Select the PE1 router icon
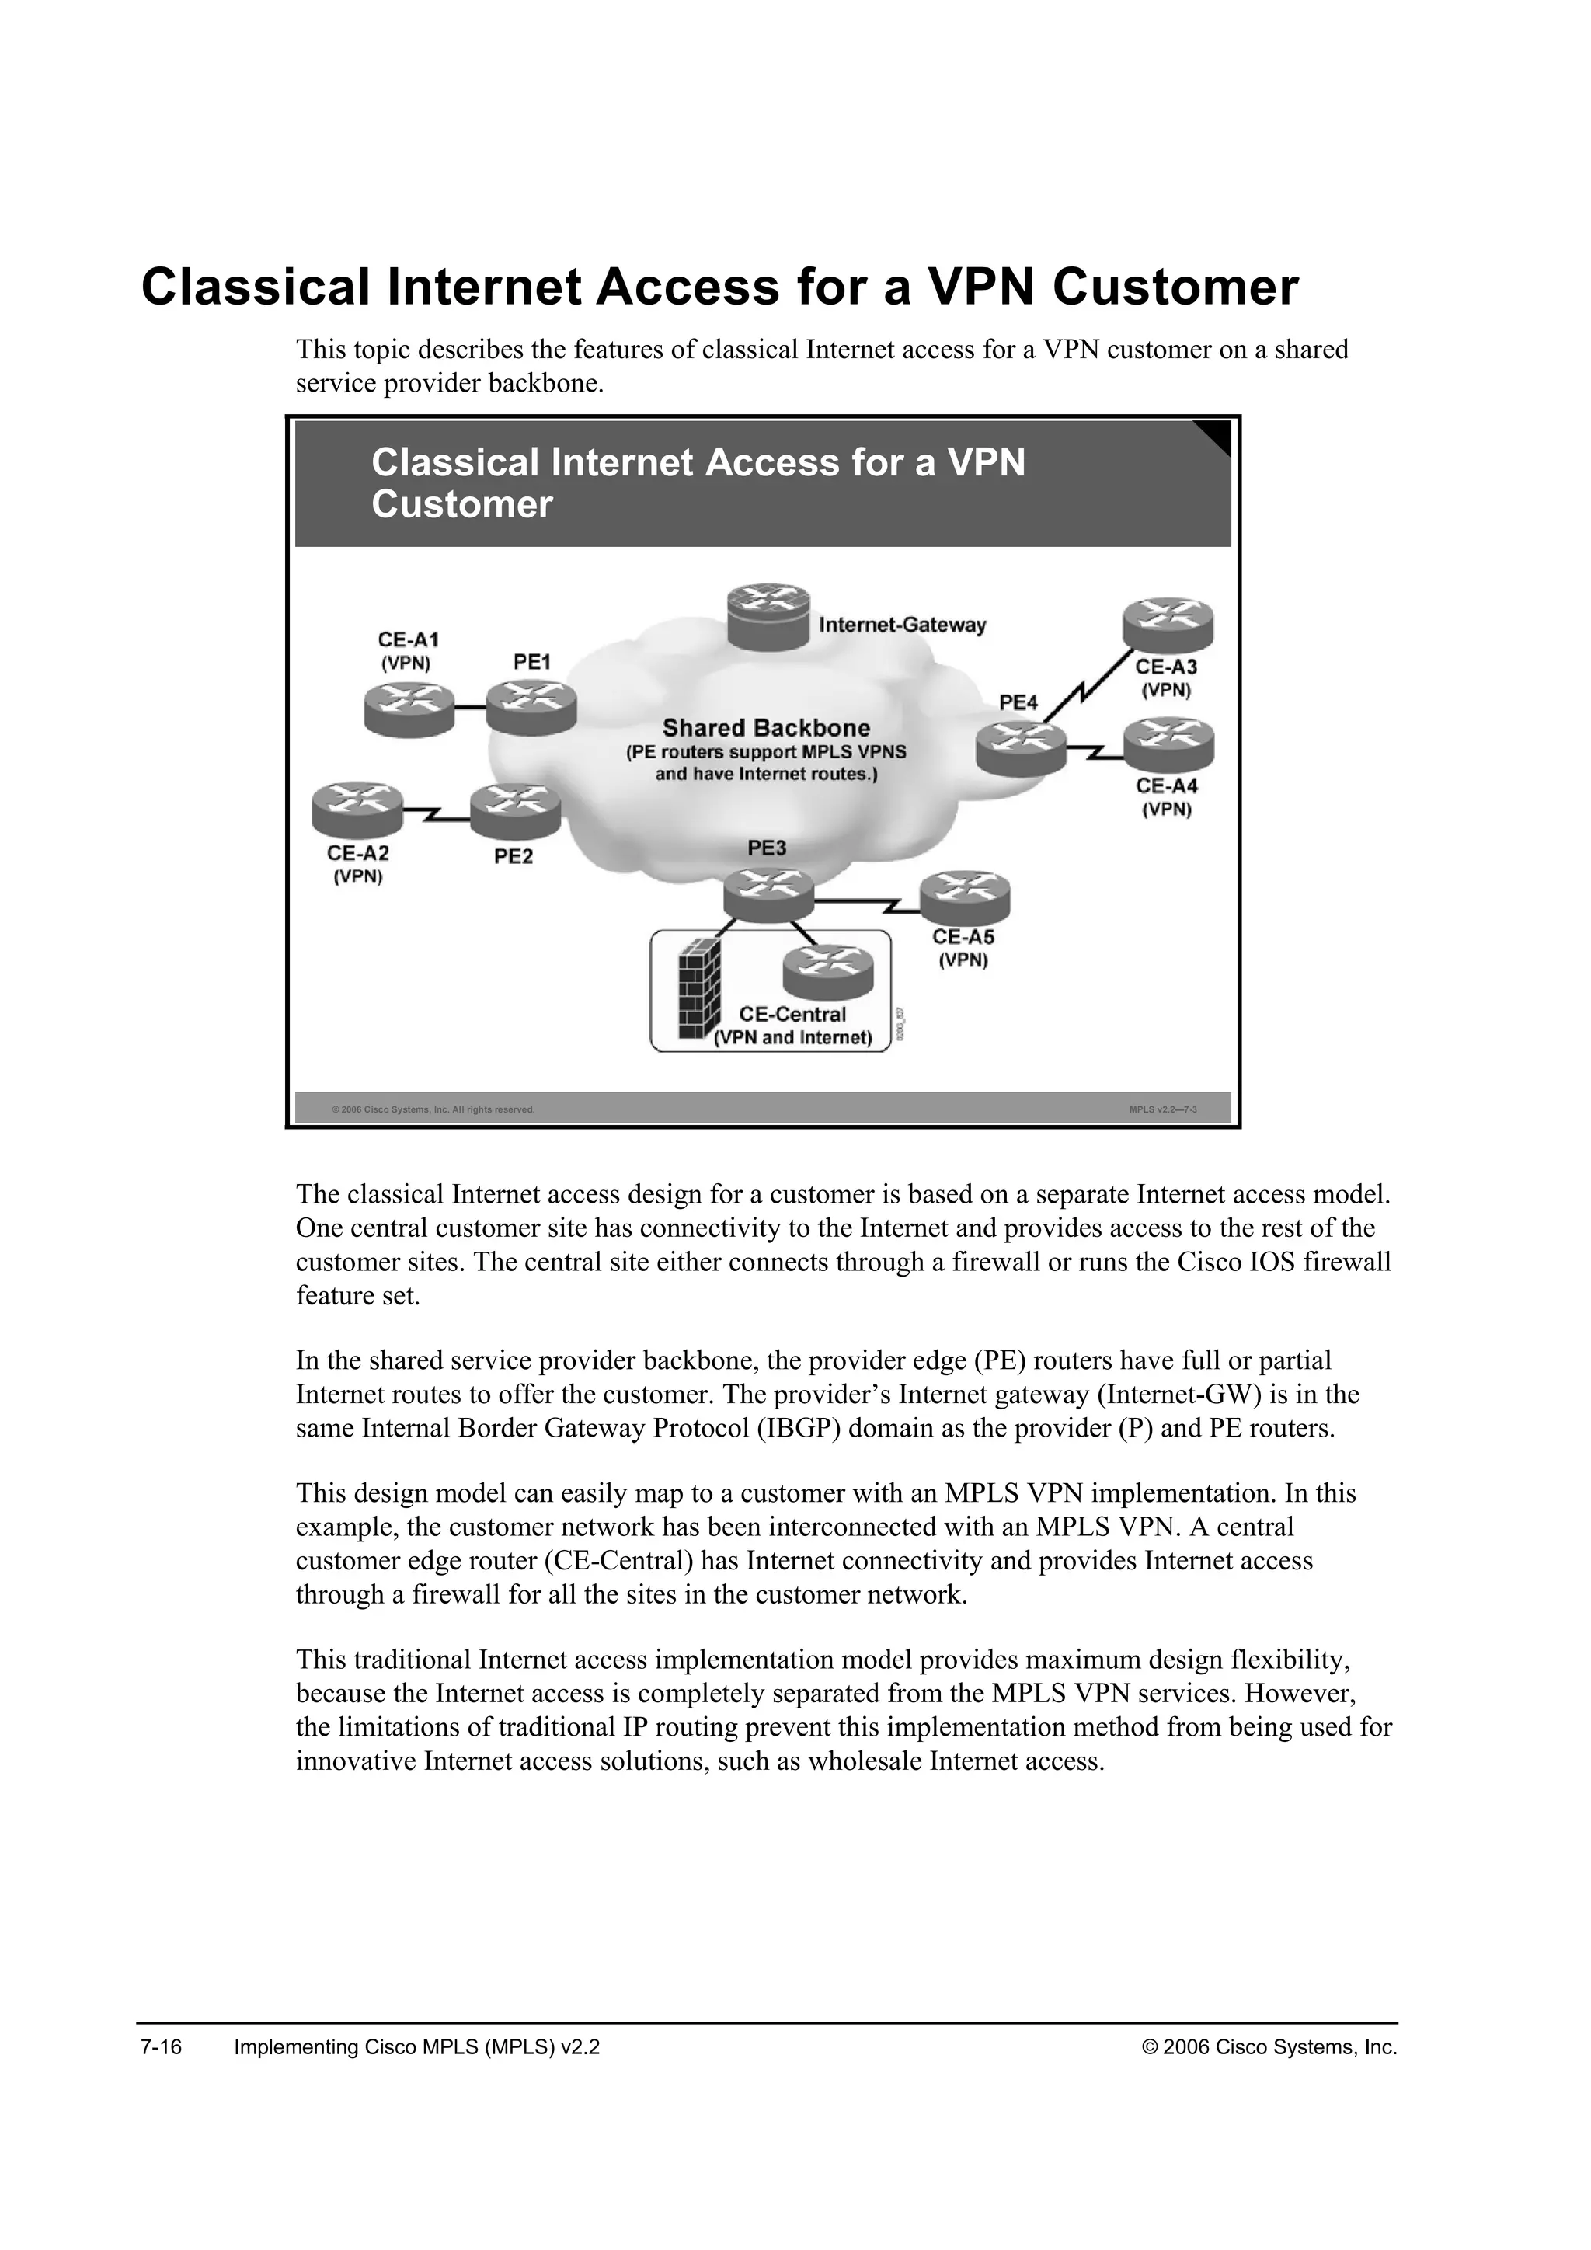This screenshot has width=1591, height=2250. click(x=531, y=708)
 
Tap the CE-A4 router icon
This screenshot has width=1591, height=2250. click(x=1168, y=745)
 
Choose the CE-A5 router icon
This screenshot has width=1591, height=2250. click(x=965, y=897)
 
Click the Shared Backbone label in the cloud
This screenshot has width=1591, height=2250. click(x=766, y=728)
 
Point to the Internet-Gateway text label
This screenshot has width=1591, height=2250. click(x=901, y=625)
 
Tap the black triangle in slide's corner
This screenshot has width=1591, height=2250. click(x=1217, y=435)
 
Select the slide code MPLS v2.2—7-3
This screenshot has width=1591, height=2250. click(x=1163, y=1110)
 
